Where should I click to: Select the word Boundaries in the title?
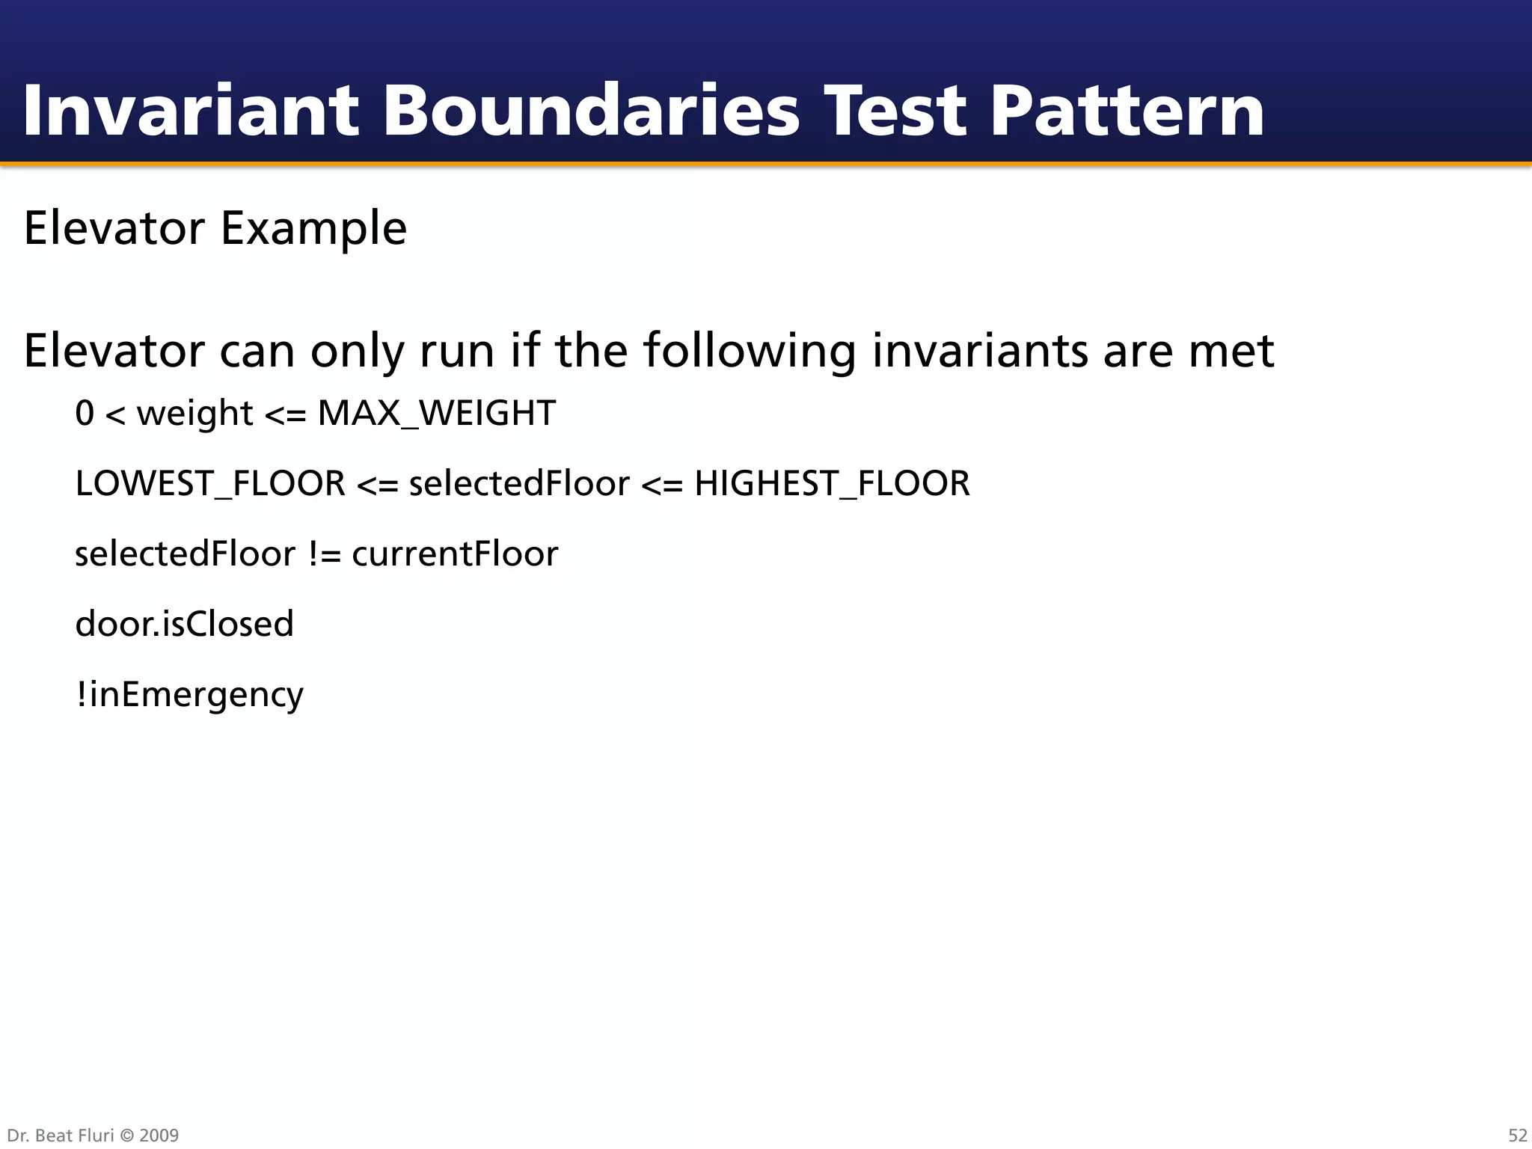(591, 111)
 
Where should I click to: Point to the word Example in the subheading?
(313, 228)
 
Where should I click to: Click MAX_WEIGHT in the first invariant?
(436, 414)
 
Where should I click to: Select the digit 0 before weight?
(85, 414)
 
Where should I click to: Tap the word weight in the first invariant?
(194, 414)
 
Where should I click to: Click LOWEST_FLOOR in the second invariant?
(210, 484)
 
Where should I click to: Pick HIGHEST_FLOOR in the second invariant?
(832, 484)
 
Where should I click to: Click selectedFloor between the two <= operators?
(519, 484)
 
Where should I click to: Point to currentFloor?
(455, 554)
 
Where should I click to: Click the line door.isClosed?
(185, 624)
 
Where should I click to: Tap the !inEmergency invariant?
(189, 694)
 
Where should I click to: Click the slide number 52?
(1517, 1135)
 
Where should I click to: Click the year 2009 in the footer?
(159, 1135)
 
